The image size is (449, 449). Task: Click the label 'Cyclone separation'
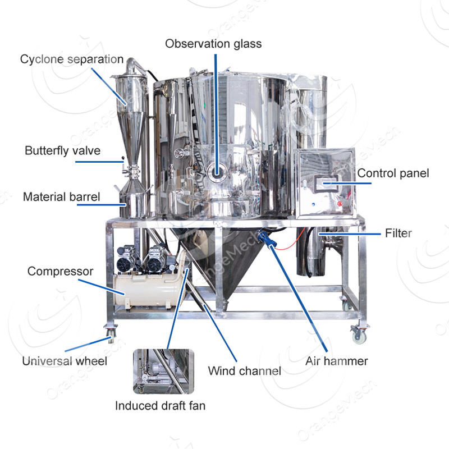[72, 59]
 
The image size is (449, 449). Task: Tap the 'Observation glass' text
[213, 43]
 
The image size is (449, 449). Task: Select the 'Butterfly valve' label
[63, 150]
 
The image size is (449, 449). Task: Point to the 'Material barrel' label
[62, 197]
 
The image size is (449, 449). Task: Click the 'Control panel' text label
[393, 173]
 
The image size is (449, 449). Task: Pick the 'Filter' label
[398, 232]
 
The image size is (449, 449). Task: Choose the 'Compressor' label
[61, 271]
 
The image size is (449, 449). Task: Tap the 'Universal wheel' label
[64, 360]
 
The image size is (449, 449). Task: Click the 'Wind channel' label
[245, 370]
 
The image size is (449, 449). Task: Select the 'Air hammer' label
[337, 360]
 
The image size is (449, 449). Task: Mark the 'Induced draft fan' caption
[161, 405]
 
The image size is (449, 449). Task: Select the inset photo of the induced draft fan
[163, 371]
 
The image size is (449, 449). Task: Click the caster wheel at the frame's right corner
[358, 335]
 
